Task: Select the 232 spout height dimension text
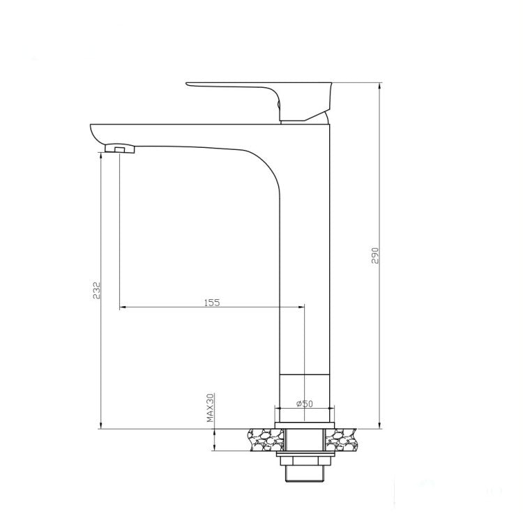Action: pyautogui.click(x=97, y=290)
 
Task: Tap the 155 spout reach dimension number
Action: pyautogui.click(x=212, y=303)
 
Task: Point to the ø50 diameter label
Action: pyautogui.click(x=303, y=403)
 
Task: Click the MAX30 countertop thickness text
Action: pyautogui.click(x=209, y=408)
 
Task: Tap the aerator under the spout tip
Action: pyautogui.click(x=119, y=148)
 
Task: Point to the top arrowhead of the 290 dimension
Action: pyautogui.click(x=379, y=86)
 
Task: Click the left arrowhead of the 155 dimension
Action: pyautogui.click(x=123, y=307)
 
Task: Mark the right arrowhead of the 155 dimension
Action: pyautogui.click(x=301, y=307)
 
